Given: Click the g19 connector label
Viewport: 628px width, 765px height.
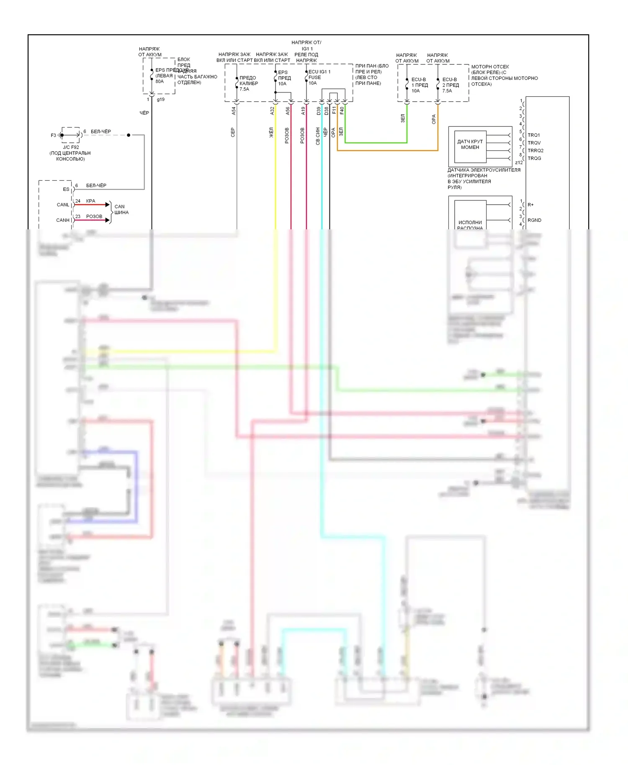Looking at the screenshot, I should point(161,100).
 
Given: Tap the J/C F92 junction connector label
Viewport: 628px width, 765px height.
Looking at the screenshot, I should point(71,147).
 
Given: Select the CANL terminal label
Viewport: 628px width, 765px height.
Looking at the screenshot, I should point(63,205).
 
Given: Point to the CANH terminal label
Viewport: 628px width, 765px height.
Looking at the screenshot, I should point(63,220).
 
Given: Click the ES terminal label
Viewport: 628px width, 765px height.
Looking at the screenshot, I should point(66,189).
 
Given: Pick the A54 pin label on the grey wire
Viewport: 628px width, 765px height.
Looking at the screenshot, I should point(234,111).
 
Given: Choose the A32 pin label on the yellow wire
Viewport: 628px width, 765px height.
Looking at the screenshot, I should point(272,111).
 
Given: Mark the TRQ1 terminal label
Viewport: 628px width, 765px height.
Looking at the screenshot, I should point(534,135).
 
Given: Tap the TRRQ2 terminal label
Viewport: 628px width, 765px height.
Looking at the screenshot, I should point(535,151).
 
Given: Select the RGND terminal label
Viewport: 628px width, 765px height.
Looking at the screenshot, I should point(535,220).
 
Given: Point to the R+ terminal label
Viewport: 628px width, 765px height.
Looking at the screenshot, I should point(531,205).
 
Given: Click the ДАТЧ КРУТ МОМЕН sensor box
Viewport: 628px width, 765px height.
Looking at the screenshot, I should point(470,145).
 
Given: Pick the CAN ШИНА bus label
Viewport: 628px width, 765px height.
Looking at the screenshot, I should point(121,209).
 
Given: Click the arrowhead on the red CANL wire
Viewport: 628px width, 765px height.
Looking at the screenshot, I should point(108,205).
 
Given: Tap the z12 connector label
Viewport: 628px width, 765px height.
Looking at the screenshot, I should point(519,163).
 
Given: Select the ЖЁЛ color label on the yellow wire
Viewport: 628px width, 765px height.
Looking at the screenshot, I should point(271,133).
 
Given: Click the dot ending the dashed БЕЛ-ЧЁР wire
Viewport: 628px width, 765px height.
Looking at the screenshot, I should point(129,135).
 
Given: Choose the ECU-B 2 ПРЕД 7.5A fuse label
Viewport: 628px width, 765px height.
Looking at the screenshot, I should point(450,85).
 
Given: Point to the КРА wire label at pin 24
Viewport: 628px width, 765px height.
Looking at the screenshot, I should point(90,201).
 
